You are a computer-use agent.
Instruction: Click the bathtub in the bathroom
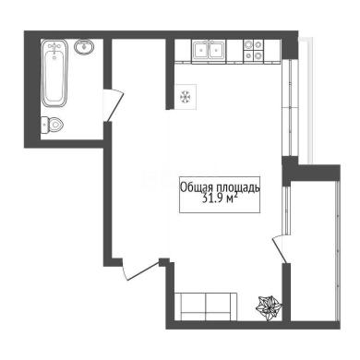(x=54, y=73)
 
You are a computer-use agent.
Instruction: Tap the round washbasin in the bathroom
(x=84, y=47)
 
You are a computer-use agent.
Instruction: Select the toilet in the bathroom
(x=52, y=125)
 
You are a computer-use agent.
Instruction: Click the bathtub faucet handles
(x=54, y=48)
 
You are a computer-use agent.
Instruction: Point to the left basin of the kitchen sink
(x=201, y=50)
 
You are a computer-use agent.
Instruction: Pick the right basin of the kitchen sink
(x=218, y=50)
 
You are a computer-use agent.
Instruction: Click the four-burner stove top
(x=254, y=50)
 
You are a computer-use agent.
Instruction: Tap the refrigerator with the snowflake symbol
(x=186, y=97)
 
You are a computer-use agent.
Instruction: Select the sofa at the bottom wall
(x=206, y=306)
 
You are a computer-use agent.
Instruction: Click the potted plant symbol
(x=270, y=307)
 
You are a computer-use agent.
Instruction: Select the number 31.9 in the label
(x=212, y=198)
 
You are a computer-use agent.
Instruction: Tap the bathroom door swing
(x=114, y=105)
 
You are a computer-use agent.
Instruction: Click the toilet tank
(x=44, y=125)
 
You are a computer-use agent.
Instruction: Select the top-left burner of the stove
(x=248, y=45)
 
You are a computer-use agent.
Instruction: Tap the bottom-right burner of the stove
(x=258, y=55)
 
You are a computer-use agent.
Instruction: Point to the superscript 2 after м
(x=235, y=195)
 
